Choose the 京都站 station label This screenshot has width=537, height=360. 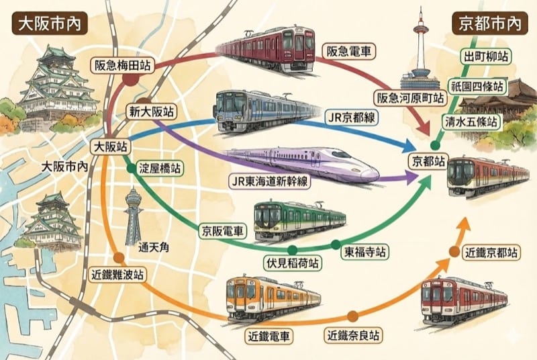(x=427, y=162)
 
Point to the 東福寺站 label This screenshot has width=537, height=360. (x=365, y=253)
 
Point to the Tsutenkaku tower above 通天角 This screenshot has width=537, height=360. (x=134, y=215)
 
